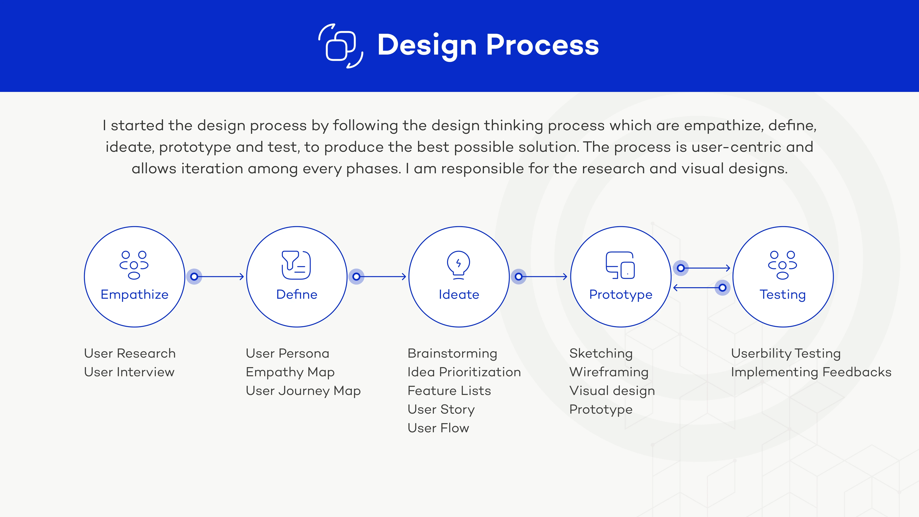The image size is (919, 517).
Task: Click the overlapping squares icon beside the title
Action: (341, 46)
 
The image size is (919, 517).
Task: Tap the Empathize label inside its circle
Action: (134, 295)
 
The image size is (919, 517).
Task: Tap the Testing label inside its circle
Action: (783, 295)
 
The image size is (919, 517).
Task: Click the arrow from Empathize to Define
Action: (219, 276)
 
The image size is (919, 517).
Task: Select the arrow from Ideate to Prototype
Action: (543, 276)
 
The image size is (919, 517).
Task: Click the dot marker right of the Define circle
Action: (356, 276)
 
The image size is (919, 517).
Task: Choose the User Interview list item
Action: (129, 372)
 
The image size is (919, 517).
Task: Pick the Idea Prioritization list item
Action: (464, 372)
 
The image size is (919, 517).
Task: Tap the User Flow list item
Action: (438, 428)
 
